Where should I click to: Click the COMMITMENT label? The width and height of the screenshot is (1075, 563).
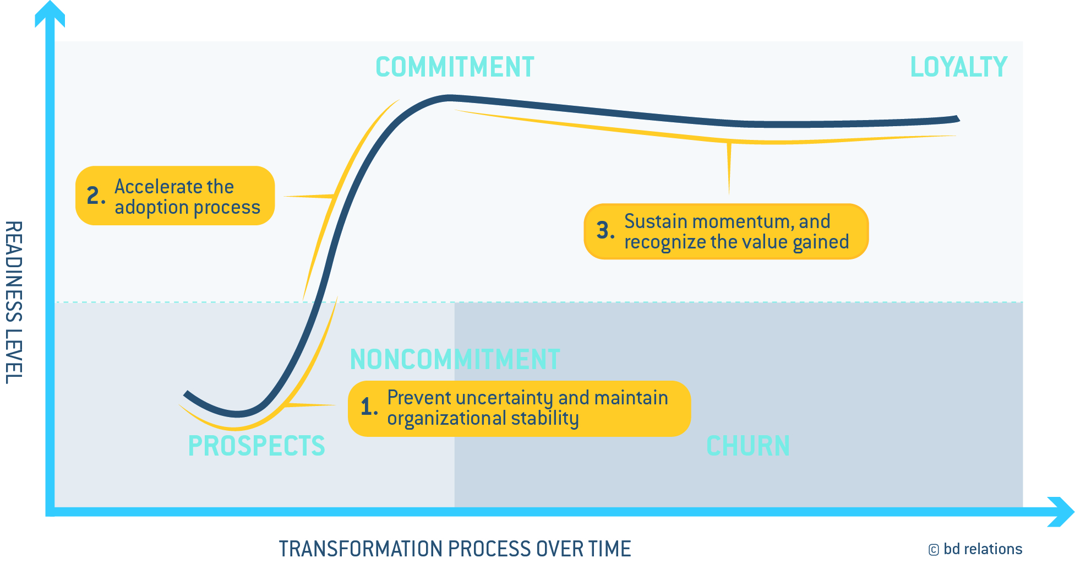[x=455, y=67]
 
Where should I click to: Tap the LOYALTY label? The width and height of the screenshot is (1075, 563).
[x=958, y=67]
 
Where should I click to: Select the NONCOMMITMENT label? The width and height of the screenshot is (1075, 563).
[x=455, y=359]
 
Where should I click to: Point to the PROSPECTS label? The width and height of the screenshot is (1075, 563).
[x=257, y=446]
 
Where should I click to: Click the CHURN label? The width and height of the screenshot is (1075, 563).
[x=748, y=446]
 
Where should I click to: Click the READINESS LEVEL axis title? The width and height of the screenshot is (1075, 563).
[x=14, y=302]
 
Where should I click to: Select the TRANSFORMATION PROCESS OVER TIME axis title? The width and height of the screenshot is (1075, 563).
[x=455, y=549]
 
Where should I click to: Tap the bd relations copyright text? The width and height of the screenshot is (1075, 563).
[x=975, y=549]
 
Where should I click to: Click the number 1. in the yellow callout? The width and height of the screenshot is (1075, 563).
[x=369, y=407]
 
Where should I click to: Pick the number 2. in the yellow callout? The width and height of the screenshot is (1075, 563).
[x=96, y=196]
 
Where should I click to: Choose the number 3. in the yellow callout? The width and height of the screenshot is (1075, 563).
[x=605, y=230]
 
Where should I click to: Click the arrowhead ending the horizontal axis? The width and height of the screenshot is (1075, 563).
[x=1061, y=512]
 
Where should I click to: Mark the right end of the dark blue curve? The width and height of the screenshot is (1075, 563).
[x=958, y=118]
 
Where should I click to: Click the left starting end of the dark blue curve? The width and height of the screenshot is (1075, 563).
[x=186, y=394]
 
